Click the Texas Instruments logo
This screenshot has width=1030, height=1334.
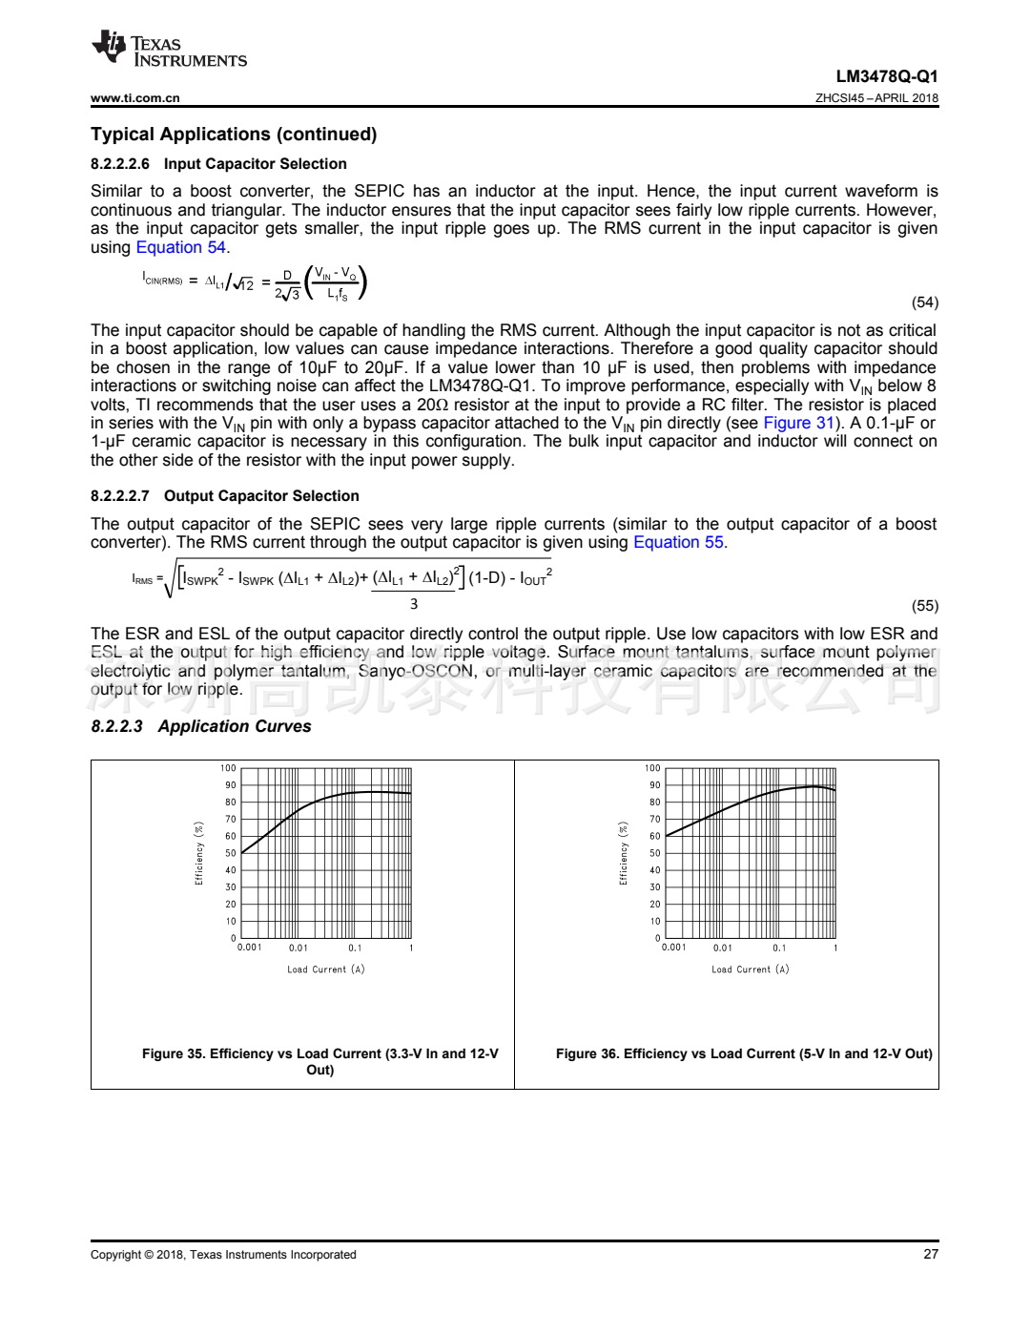coord(169,50)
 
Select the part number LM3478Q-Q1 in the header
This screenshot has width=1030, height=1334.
coord(886,76)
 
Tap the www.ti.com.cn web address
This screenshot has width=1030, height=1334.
coord(134,97)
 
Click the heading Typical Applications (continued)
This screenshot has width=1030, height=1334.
coord(234,135)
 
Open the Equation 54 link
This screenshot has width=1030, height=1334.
coord(180,247)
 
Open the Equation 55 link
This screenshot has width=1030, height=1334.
coord(678,542)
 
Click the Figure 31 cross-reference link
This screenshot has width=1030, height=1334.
coord(798,423)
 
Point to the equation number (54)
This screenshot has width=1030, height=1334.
coord(924,302)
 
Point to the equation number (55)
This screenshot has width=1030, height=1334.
coord(924,606)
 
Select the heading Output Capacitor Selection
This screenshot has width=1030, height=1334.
coord(261,496)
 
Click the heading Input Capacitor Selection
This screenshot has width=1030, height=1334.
coord(255,164)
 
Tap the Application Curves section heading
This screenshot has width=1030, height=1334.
coord(234,726)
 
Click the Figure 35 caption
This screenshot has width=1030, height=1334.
coord(319,1061)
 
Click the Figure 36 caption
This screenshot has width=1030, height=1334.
coord(744,1053)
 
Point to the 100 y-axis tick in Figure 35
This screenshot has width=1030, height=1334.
coord(228,768)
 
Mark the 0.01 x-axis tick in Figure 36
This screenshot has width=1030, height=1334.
coord(722,948)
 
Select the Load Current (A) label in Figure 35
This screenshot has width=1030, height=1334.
coord(325,969)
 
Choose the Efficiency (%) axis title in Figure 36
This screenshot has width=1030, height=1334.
coord(624,853)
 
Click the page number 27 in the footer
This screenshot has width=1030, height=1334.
coord(930,1254)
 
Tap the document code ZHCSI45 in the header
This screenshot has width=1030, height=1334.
coord(839,97)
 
